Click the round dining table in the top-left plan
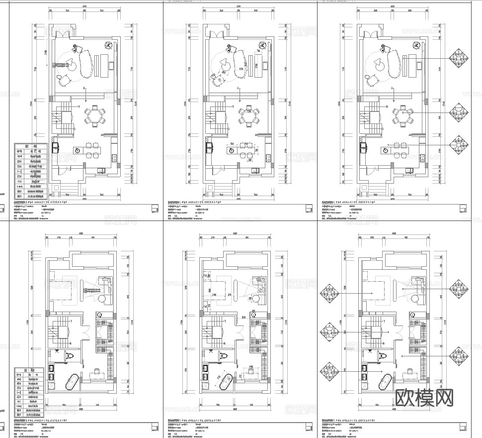click(94, 116)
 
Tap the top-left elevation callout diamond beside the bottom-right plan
click(329, 294)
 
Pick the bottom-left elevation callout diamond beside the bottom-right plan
click(329, 371)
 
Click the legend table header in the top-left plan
click(31, 147)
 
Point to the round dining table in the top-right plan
click(403, 116)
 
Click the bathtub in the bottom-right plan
click(386, 383)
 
